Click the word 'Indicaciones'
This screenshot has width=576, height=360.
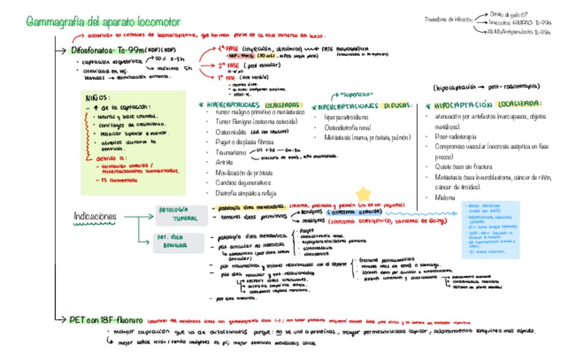point(95,216)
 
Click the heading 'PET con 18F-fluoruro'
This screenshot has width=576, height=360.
point(107,319)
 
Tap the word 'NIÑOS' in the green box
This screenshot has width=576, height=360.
point(96,97)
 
